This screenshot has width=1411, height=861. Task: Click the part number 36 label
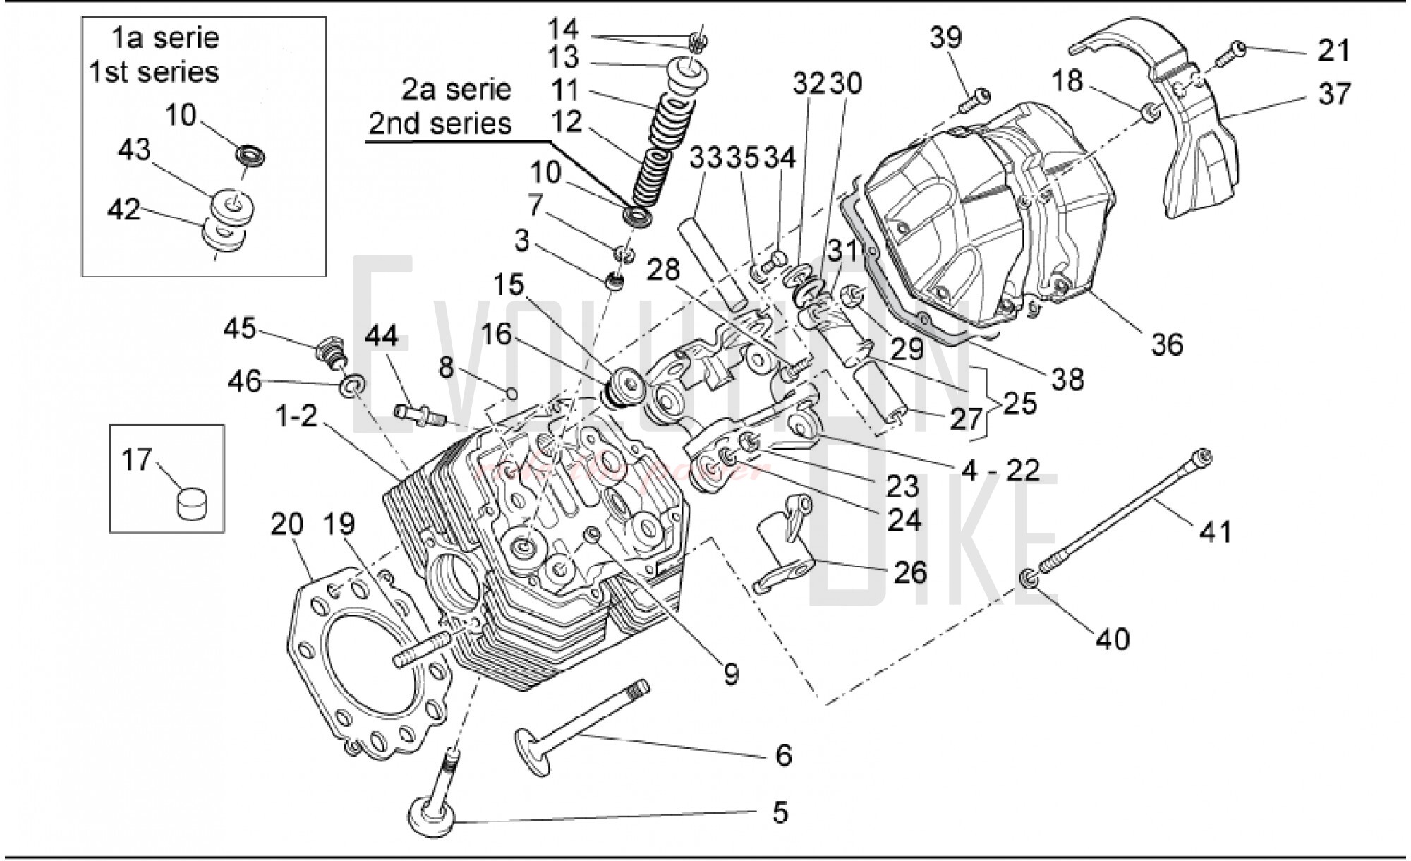pos(1166,344)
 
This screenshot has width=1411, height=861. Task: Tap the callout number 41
pos(1216,531)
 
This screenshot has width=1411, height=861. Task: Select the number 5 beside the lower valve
pos(779,812)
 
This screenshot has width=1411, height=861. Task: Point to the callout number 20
pos(286,524)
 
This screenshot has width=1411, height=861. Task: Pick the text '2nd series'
pos(440,124)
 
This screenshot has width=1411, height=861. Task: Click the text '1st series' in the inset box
pos(154,72)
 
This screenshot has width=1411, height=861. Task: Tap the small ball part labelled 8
pos(512,392)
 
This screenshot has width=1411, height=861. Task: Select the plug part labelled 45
pos(327,349)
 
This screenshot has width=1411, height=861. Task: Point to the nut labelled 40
pos(1029,580)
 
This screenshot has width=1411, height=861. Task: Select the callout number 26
pos(909,572)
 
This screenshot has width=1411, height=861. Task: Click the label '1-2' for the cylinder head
pos(296,416)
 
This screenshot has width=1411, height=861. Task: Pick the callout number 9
pos(732,675)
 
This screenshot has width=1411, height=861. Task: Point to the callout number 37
pos(1333,94)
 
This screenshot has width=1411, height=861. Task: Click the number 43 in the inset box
pos(134,150)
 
